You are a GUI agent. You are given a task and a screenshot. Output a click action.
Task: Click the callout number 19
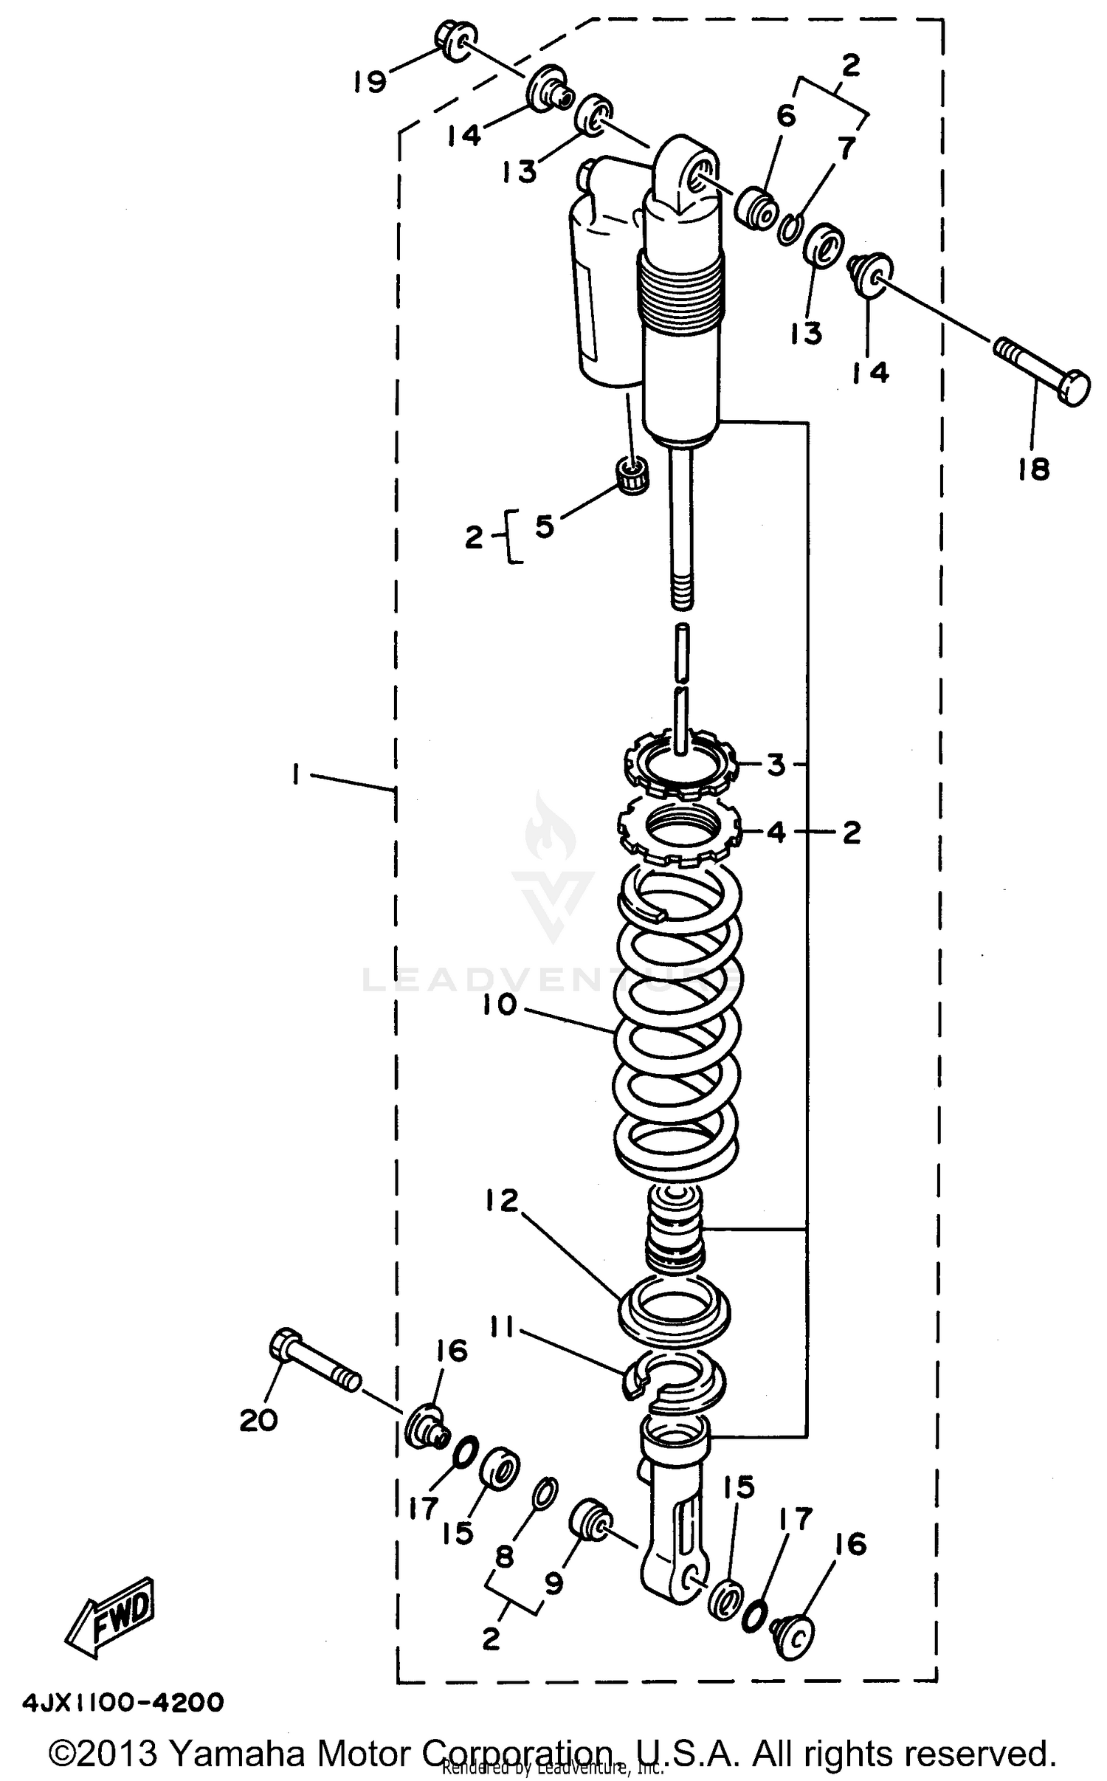[x=369, y=81]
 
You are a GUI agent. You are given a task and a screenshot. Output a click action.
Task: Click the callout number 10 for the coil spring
[x=500, y=1006]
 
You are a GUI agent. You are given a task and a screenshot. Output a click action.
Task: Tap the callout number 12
[x=503, y=1200]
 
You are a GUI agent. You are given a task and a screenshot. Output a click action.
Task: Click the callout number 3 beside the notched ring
[x=776, y=765]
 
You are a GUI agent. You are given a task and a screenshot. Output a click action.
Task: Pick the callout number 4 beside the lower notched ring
[x=776, y=833]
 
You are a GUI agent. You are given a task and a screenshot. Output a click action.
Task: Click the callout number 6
[x=786, y=115]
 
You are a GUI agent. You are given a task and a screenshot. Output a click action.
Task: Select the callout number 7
[x=846, y=148]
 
